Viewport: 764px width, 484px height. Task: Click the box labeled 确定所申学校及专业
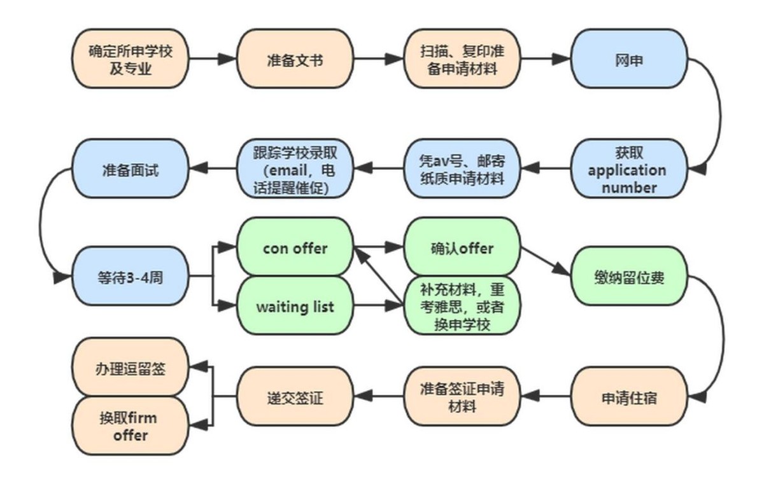pyautogui.click(x=131, y=59)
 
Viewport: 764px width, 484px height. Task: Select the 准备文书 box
pyautogui.click(x=295, y=59)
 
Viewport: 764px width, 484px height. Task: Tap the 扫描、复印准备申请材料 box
pyautogui.click(x=462, y=59)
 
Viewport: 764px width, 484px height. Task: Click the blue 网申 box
pyautogui.click(x=628, y=59)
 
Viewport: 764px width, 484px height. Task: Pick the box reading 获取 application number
pyautogui.click(x=628, y=169)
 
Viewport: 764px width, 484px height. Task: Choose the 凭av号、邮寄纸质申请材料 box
pyautogui.click(x=462, y=169)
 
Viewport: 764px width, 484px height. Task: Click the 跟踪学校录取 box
pyautogui.click(x=295, y=169)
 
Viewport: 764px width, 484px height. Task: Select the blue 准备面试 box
pyautogui.click(x=131, y=169)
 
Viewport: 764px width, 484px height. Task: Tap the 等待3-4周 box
pyautogui.click(x=131, y=277)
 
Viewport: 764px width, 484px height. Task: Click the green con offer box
pyautogui.click(x=295, y=247)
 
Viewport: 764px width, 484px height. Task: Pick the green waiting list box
pyautogui.click(x=295, y=307)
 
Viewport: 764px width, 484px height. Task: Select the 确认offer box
pyautogui.click(x=462, y=247)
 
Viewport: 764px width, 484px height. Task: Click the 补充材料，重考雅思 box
pyautogui.click(x=462, y=307)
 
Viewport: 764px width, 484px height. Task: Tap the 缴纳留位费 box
pyautogui.click(x=628, y=277)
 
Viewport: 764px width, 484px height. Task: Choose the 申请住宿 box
pyautogui.click(x=628, y=398)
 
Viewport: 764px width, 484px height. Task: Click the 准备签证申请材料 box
pyautogui.click(x=462, y=398)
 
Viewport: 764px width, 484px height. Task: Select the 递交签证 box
pyautogui.click(x=295, y=398)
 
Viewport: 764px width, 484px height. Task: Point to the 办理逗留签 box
pyautogui.click(x=131, y=367)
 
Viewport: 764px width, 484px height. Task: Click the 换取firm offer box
pyautogui.click(x=131, y=426)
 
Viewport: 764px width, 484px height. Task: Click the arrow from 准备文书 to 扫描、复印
pyautogui.click(x=378, y=59)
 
